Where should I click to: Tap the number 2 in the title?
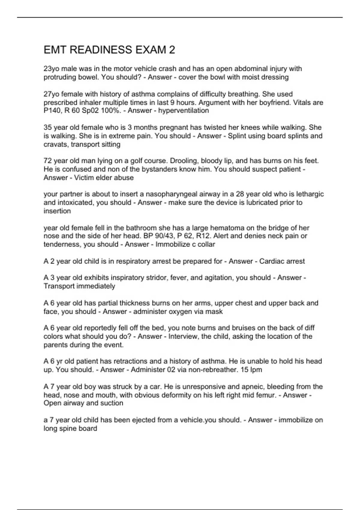172,50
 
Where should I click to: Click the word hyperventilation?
183,111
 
